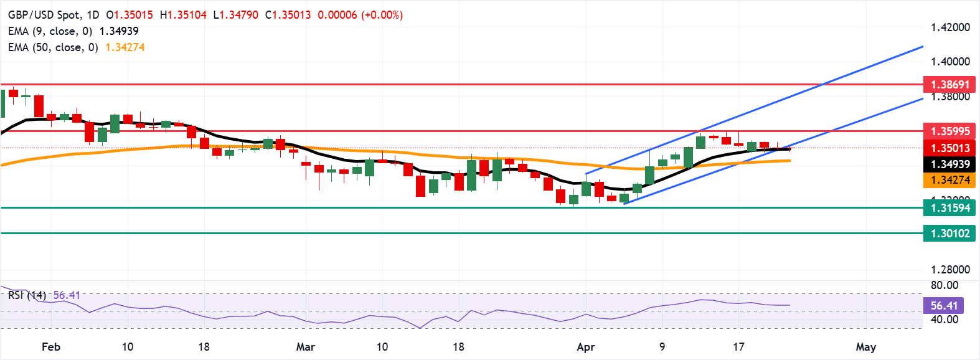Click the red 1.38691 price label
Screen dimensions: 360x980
click(x=949, y=84)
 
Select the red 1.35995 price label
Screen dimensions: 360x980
click(x=949, y=131)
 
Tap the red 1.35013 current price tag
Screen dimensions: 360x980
click(x=949, y=148)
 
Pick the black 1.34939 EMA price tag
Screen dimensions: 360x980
click(x=949, y=164)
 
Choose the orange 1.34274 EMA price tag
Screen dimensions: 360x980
click(x=949, y=180)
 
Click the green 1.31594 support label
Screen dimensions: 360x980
click(x=949, y=207)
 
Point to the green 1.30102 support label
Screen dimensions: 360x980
click(x=949, y=234)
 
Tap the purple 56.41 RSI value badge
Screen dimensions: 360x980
click(x=944, y=305)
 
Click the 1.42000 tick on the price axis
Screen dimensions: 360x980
click(x=950, y=27)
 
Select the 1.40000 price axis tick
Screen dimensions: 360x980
click(x=950, y=62)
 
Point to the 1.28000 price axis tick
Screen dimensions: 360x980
click(x=950, y=270)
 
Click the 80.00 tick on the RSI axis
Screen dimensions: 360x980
click(x=945, y=285)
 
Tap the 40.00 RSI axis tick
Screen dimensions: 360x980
click(x=945, y=320)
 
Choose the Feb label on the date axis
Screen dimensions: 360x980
click(x=51, y=347)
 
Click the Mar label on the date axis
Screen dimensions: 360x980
click(x=305, y=347)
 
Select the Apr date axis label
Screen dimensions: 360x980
click(x=586, y=347)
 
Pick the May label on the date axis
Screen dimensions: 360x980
click(x=865, y=347)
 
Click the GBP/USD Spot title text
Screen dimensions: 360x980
click(x=43, y=15)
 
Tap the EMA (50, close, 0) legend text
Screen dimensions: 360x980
click(x=53, y=47)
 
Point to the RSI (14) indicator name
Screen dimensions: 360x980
click(x=27, y=295)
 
